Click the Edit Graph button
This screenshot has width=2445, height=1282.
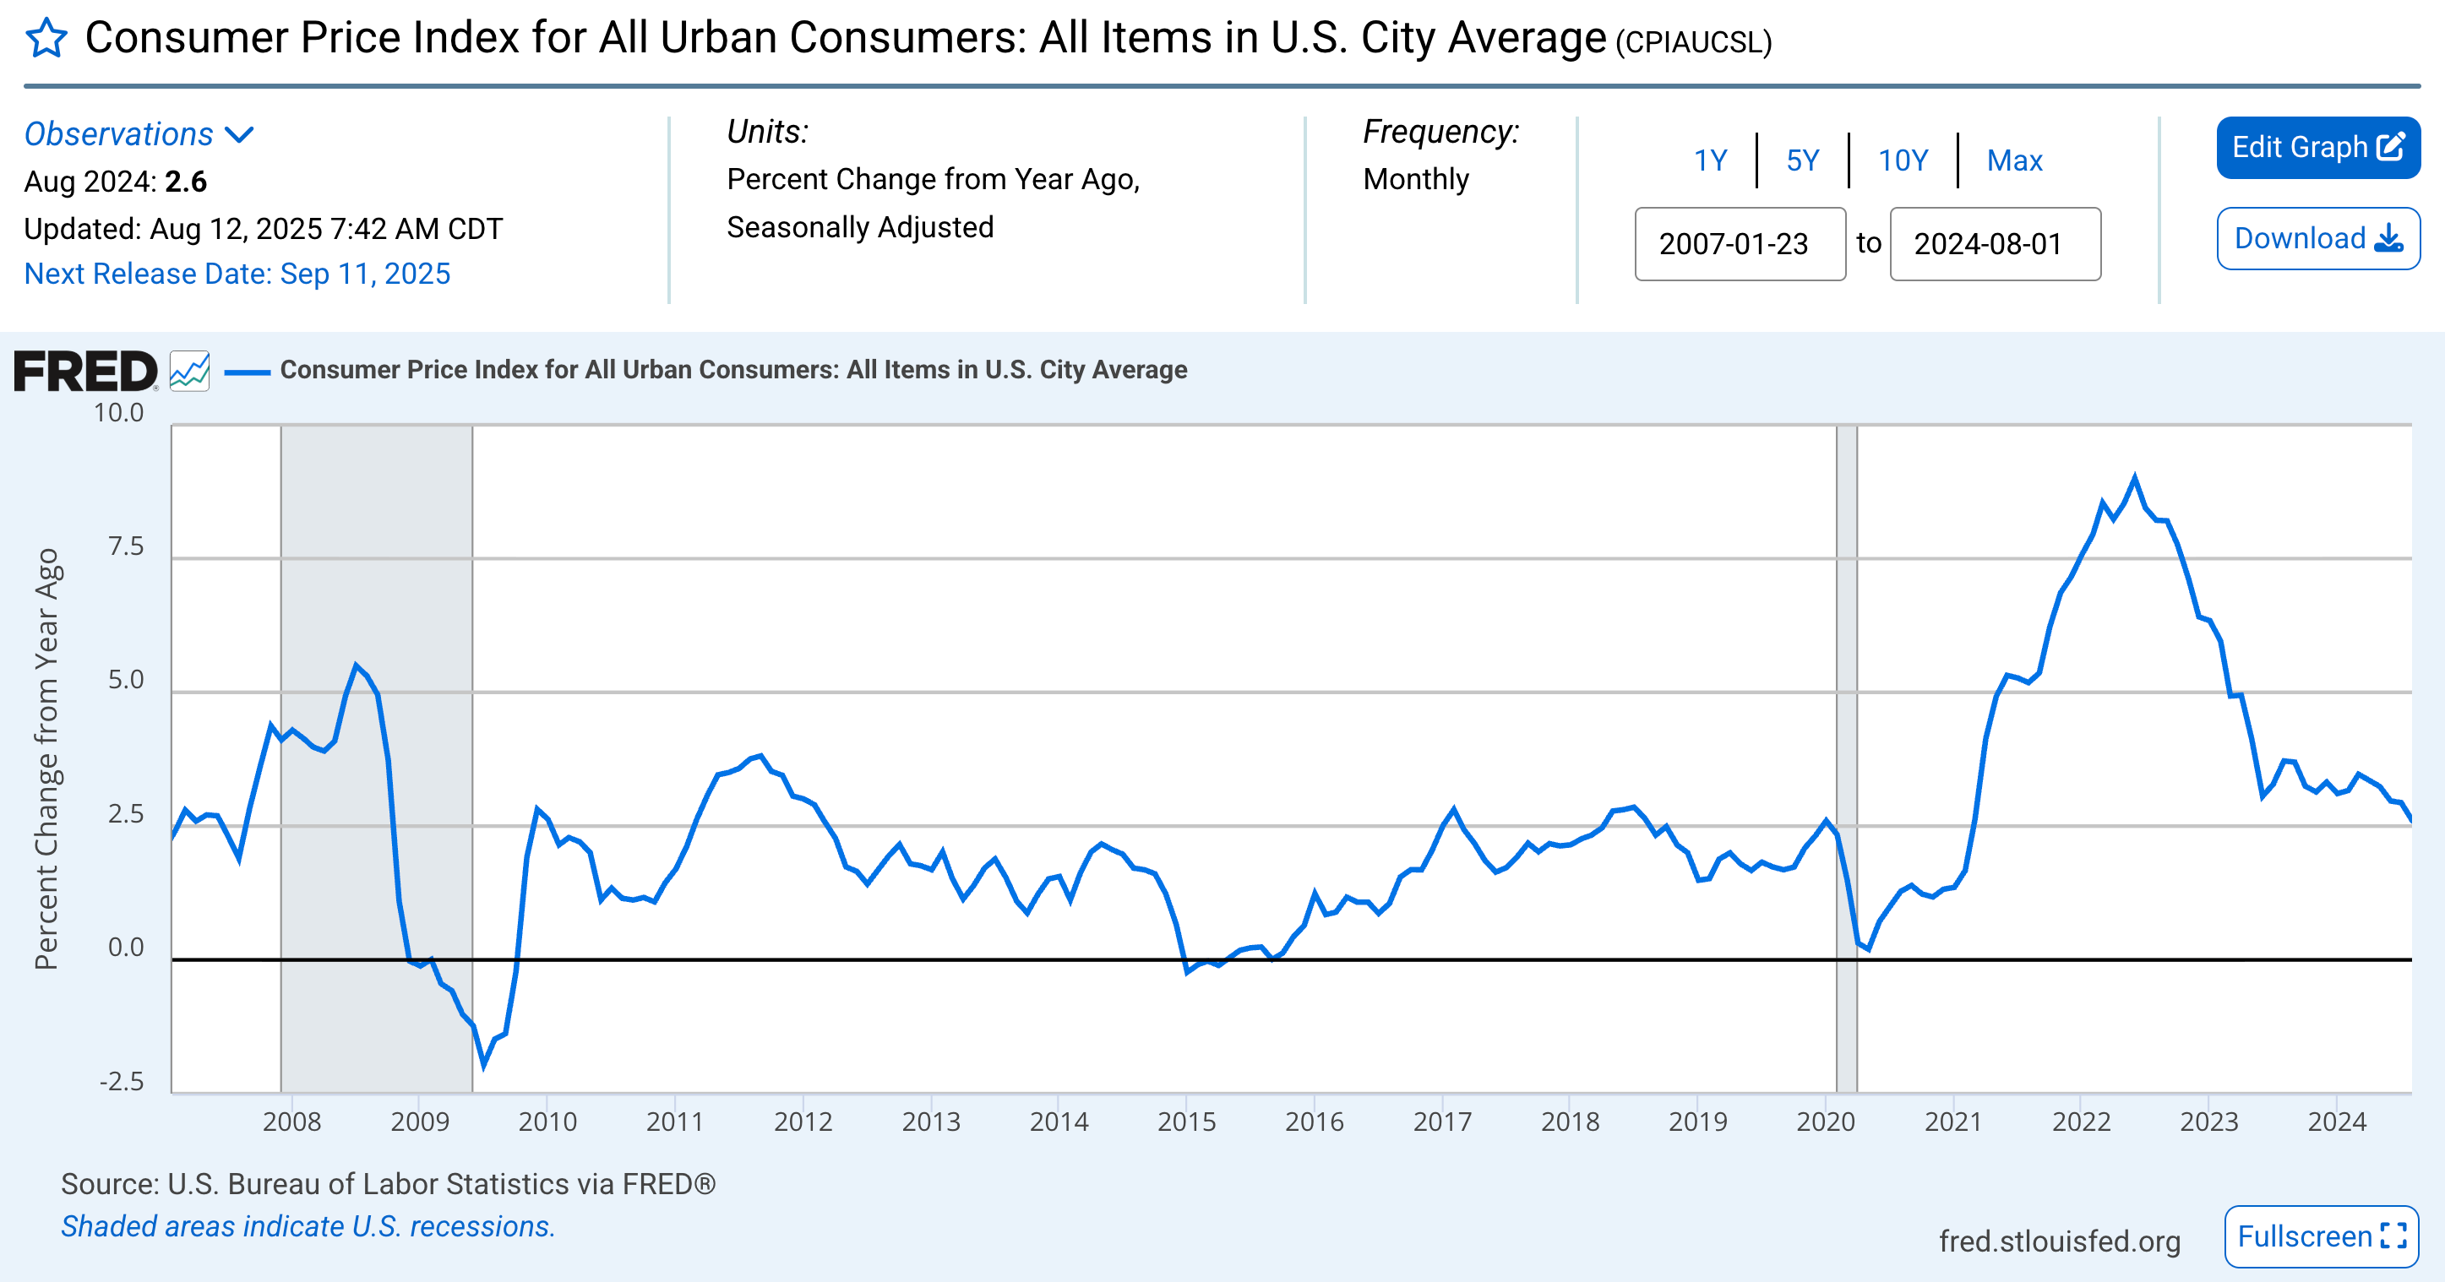click(2317, 147)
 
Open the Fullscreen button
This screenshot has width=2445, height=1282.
click(2320, 1236)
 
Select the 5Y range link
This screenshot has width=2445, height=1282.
click(1801, 160)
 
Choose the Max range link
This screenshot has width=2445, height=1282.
click(2014, 160)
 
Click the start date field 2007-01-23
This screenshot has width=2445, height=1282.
click(1739, 244)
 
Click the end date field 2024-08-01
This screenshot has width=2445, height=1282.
click(1994, 244)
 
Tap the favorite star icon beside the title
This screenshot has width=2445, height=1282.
click(46, 39)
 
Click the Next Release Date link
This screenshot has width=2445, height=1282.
click(237, 274)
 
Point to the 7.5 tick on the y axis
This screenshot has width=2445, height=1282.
click(125, 546)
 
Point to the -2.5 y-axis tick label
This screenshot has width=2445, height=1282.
click(123, 1081)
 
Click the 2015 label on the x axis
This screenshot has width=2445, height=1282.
click(1186, 1122)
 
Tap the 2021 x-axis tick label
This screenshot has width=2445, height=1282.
click(1953, 1122)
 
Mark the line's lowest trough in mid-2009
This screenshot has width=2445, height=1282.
click(483, 1065)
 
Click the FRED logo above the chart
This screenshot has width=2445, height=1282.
click(85, 371)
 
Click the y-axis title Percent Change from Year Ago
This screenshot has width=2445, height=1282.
click(46, 759)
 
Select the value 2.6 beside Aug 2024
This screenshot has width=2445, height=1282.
click(186, 182)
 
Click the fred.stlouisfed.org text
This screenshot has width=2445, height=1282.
click(2059, 1241)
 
